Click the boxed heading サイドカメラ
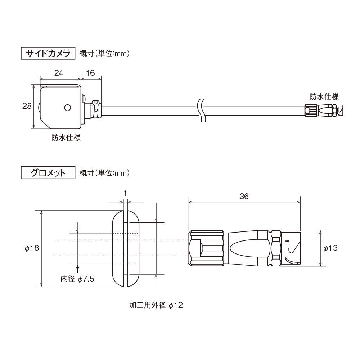[48, 53]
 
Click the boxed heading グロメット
[48, 173]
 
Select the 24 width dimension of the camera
[59, 73]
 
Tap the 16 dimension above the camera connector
[90, 73]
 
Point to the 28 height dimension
[27, 106]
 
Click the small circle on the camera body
[67, 107]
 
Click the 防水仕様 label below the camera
[66, 138]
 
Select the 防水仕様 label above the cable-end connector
[324, 96]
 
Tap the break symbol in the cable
[202, 110]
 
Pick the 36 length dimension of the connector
[244, 196]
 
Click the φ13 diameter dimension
[330, 248]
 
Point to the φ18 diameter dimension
[32, 248]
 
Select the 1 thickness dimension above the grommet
[125, 193]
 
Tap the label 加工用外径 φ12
[156, 305]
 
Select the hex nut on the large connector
[275, 248]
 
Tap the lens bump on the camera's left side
[39, 107]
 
